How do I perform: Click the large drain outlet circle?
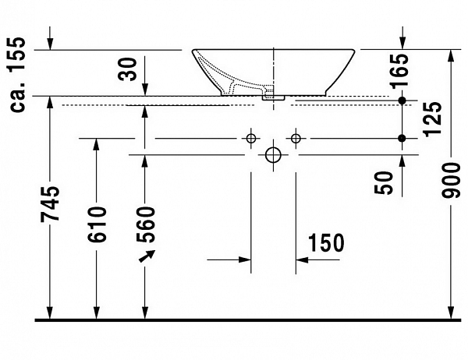pos(272,154)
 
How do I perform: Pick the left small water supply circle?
pos(250,139)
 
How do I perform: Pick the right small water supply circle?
pos(295,139)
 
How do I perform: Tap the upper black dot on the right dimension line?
pos(402,101)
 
